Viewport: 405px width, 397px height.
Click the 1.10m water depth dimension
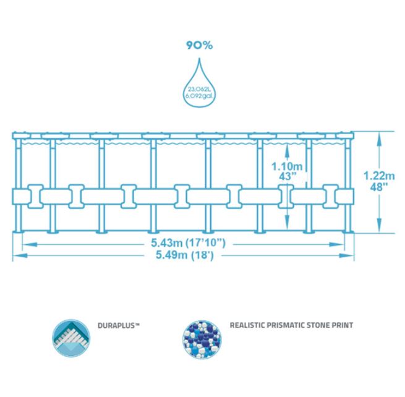[288, 166]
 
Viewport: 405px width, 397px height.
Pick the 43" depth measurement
[288, 176]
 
